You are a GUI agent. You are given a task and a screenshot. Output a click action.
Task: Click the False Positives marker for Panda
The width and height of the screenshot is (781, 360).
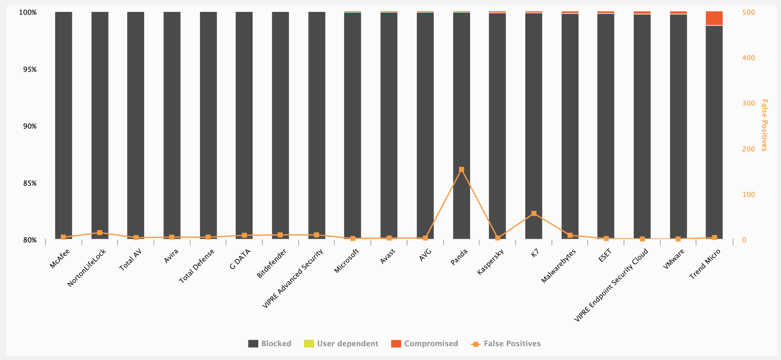pyautogui.click(x=461, y=169)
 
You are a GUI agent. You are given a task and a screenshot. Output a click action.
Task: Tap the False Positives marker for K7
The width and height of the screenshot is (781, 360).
pyautogui.click(x=534, y=214)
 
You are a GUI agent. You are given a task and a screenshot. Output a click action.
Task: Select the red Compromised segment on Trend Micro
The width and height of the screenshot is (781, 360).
pyautogui.click(x=714, y=18)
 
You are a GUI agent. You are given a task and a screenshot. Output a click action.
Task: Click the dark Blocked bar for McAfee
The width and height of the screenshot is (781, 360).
pyautogui.click(x=64, y=125)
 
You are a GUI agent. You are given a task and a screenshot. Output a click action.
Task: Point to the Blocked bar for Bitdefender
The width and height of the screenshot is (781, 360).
pyautogui.click(x=280, y=125)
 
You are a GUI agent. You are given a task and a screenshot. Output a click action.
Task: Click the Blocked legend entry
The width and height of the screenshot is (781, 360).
pyautogui.click(x=270, y=344)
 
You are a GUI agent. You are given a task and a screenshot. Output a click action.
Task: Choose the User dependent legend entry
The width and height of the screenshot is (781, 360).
pyautogui.click(x=341, y=344)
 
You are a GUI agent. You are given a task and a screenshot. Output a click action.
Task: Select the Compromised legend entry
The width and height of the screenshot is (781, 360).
pyautogui.click(x=424, y=344)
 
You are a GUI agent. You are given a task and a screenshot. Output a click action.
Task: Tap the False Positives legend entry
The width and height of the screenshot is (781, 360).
pyautogui.click(x=506, y=344)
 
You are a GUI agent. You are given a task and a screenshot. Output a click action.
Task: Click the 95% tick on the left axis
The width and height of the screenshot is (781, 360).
pyautogui.click(x=29, y=70)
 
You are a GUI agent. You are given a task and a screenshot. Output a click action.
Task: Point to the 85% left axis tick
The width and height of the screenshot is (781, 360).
pyautogui.click(x=29, y=183)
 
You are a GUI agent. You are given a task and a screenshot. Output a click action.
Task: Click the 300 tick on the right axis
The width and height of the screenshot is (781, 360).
pyautogui.click(x=748, y=104)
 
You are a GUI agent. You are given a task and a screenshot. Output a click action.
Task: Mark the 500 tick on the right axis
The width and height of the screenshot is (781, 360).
pyautogui.click(x=748, y=13)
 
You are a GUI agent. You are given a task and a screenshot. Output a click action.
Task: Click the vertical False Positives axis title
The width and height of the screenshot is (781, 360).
pyautogui.click(x=764, y=125)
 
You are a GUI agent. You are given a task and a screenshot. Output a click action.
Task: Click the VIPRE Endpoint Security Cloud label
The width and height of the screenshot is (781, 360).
pyautogui.click(x=611, y=284)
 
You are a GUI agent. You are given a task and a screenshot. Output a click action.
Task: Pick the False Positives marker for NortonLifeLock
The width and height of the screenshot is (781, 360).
pyautogui.click(x=99, y=233)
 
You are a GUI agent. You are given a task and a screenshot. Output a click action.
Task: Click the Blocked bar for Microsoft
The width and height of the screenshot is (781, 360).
pyautogui.click(x=352, y=125)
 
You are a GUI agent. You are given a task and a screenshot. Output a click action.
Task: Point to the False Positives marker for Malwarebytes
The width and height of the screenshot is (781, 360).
pyautogui.click(x=570, y=235)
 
